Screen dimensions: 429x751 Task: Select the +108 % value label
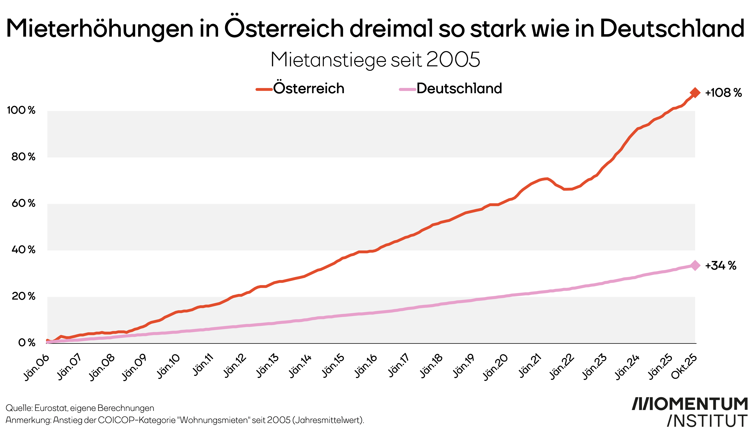(723, 93)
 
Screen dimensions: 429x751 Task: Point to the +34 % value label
(720, 266)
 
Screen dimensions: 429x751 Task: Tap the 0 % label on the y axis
(27, 343)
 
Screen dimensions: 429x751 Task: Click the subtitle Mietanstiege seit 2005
(375, 60)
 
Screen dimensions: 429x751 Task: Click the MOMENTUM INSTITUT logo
(690, 412)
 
